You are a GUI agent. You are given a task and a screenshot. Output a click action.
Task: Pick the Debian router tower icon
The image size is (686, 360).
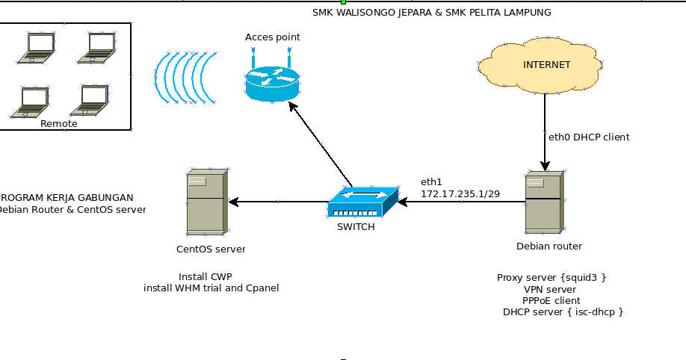coord(543,203)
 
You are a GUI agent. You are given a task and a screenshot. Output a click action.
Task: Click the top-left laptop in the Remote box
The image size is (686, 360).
coord(37,48)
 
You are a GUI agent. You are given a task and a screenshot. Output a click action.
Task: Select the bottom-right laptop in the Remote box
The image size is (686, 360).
coord(92,101)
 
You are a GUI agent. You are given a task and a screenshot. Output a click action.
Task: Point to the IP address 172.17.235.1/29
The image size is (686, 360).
coord(460,194)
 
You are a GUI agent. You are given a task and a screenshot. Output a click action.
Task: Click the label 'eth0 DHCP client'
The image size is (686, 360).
coord(589,137)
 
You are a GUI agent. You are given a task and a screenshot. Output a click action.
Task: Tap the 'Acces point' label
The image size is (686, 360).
coord(273,37)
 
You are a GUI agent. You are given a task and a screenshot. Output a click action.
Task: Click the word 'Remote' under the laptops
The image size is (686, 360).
coord(59,124)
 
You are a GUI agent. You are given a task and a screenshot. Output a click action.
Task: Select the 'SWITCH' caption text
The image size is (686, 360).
coord(356,227)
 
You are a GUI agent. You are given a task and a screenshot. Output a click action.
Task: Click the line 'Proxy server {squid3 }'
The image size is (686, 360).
coord(551,278)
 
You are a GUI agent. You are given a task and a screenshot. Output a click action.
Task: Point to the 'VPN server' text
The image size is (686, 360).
coord(550,289)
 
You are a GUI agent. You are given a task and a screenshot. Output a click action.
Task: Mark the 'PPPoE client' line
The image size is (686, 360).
coord(551,300)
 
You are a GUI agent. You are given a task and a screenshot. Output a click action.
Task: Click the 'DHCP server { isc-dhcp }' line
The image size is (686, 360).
coord(563,311)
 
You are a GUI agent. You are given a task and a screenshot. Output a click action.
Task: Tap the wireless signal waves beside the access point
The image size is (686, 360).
coord(185,78)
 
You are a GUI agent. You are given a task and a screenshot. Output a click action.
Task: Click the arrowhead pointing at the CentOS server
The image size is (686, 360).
coord(233,202)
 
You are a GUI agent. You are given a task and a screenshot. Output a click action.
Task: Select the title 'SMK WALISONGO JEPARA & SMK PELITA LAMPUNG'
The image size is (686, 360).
coord(432,13)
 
